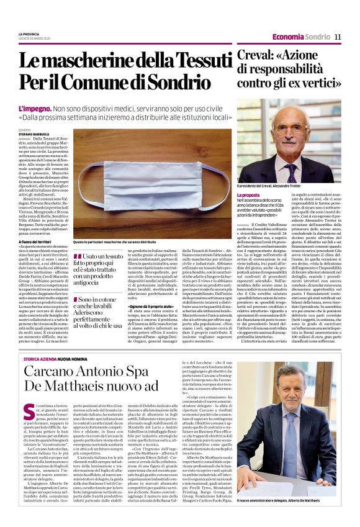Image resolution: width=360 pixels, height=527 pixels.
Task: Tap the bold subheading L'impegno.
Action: click(x=32, y=108)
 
